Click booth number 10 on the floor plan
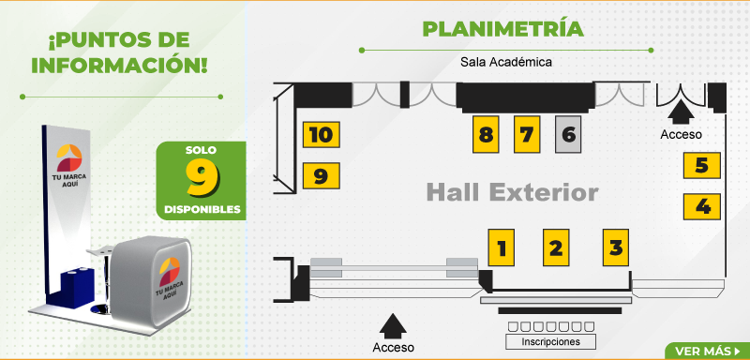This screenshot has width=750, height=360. pyautogui.click(x=322, y=134)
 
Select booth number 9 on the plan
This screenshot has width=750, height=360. pyautogui.click(x=322, y=175)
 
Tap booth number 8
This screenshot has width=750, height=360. pyautogui.click(x=486, y=134)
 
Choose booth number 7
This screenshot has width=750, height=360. pyautogui.click(x=527, y=134)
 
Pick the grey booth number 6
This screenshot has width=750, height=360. pyautogui.click(x=568, y=134)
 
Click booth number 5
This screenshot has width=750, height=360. pyautogui.click(x=701, y=165)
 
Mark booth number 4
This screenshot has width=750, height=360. pyautogui.click(x=701, y=206)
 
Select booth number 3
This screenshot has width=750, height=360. pyautogui.click(x=616, y=247)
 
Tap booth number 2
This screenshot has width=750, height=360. pyautogui.click(x=556, y=247)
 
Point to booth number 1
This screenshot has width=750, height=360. pyautogui.click(x=502, y=247)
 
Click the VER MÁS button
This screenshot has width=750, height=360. pyautogui.click(x=707, y=352)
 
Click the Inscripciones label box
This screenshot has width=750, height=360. pyautogui.click(x=550, y=342)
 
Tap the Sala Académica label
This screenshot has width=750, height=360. pyautogui.click(x=506, y=62)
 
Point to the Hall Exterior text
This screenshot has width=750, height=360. pyautogui.click(x=512, y=193)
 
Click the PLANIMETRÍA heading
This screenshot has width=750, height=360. pyautogui.click(x=503, y=29)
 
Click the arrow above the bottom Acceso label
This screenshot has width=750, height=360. pyautogui.click(x=393, y=326)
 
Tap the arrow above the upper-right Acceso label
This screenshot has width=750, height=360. pyautogui.click(x=681, y=114)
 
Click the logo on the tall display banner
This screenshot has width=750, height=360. pyautogui.click(x=69, y=157)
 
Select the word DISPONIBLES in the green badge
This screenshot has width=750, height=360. pyautogui.click(x=202, y=210)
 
